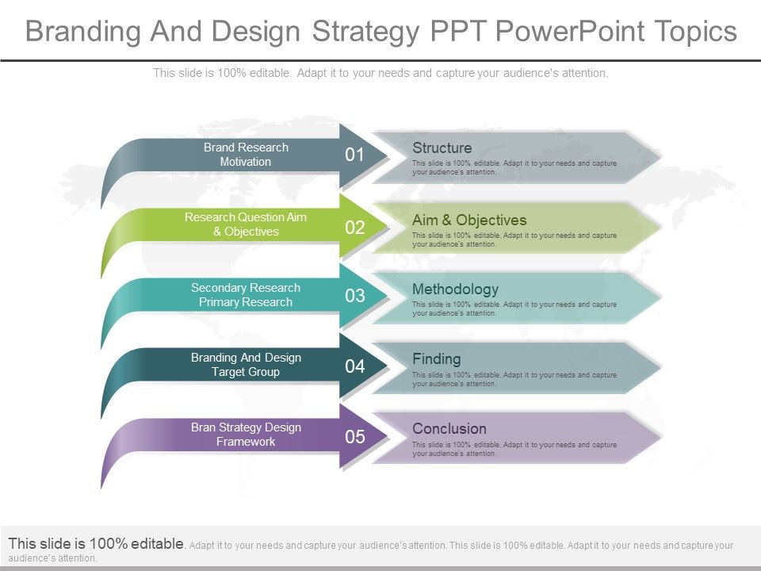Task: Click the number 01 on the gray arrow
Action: [355, 155]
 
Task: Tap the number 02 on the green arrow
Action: [355, 228]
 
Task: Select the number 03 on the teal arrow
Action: [355, 297]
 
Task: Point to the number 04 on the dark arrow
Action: [355, 367]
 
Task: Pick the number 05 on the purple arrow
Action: [355, 437]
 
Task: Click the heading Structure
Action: [442, 148]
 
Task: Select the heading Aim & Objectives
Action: [469, 220]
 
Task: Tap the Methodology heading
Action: [455, 289]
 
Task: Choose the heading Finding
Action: [436, 359]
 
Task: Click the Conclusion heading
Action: [449, 429]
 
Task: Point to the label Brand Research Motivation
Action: [246, 155]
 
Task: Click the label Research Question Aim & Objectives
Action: [246, 224]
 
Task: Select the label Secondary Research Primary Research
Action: [246, 295]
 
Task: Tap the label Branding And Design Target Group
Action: [246, 365]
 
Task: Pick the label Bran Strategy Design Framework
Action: [246, 435]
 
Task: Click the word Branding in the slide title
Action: [84, 32]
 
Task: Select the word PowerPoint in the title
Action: [568, 32]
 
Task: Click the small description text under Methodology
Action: [514, 308]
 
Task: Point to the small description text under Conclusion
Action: [514, 449]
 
